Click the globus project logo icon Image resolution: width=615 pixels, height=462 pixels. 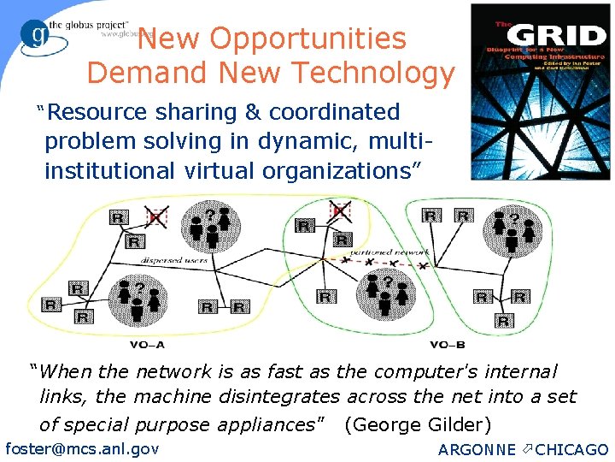(36, 37)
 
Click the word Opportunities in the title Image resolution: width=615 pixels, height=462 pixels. (308, 38)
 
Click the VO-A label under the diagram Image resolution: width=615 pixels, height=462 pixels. (148, 345)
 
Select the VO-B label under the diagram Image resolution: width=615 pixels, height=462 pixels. (447, 345)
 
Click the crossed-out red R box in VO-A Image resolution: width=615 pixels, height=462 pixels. (155, 217)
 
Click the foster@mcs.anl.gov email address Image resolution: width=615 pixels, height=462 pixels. (82, 448)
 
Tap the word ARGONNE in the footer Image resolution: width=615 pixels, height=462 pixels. (477, 450)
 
